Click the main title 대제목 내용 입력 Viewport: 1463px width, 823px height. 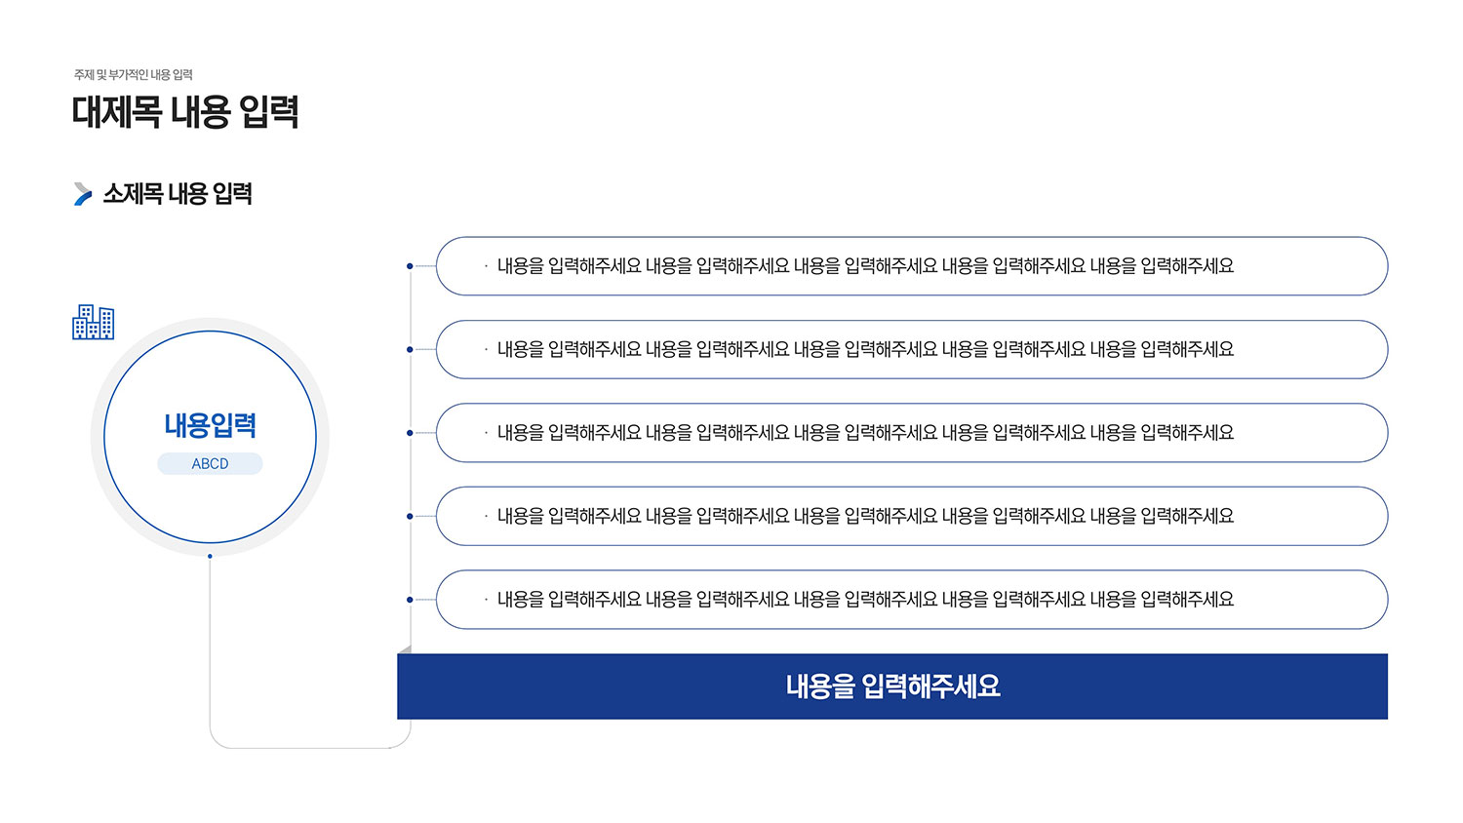click(185, 112)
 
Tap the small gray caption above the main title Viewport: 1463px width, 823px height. click(134, 75)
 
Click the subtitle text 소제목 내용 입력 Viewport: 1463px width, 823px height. click(178, 194)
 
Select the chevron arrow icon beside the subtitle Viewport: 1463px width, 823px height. click(83, 194)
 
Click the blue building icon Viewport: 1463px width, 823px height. click(94, 322)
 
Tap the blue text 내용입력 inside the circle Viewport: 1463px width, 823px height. click(211, 425)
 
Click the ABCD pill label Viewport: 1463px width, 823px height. click(211, 464)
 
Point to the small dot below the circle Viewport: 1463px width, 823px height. click(210, 557)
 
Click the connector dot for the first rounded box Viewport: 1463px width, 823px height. click(410, 266)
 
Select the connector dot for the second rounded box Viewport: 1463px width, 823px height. click(410, 349)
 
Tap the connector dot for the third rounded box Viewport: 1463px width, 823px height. click(410, 433)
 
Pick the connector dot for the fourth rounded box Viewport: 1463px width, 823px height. click(410, 516)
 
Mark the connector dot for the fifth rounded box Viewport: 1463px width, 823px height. click(410, 600)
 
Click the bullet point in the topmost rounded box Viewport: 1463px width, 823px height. click(487, 266)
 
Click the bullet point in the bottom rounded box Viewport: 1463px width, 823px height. click(487, 600)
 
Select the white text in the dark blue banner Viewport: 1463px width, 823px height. click(892, 686)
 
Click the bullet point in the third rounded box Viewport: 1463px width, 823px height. click(487, 433)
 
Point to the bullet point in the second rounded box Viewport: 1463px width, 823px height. click(487, 349)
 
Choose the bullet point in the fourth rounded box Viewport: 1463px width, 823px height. click(487, 516)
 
